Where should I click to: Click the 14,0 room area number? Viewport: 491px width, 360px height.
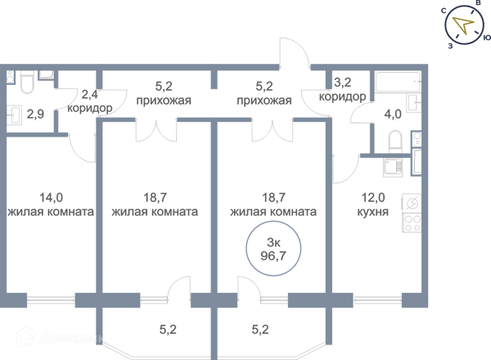coord(51,198)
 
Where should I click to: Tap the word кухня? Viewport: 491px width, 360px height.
coord(373,212)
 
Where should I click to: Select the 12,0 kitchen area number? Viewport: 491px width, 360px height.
coord(373,198)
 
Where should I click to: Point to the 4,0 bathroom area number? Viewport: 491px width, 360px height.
coord(393,115)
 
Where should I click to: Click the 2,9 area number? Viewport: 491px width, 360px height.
coord(35,115)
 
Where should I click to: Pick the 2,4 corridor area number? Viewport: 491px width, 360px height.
coord(89,94)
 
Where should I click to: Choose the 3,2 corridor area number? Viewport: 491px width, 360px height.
coord(343,83)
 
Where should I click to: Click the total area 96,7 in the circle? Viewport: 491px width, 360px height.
coord(273,256)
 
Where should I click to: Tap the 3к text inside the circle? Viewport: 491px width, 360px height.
coord(273,242)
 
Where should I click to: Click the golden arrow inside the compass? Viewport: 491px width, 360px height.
coord(463,25)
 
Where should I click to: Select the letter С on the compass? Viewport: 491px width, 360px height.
coord(444,11)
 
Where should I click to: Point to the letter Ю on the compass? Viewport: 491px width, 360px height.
coord(487,38)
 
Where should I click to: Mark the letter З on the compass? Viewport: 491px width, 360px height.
coord(450,46)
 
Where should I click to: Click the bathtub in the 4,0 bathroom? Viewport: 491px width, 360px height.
coord(398,82)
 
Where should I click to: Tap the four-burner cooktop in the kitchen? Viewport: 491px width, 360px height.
coord(412,223)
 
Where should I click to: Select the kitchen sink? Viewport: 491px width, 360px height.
coord(393,167)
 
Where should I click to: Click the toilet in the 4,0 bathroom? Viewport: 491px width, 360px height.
coord(395,142)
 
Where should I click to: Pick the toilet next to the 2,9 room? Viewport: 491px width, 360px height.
coord(27,82)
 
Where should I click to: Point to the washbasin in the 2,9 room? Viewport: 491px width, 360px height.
coord(14,115)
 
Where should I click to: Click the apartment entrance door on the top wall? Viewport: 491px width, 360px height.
coord(295,52)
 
